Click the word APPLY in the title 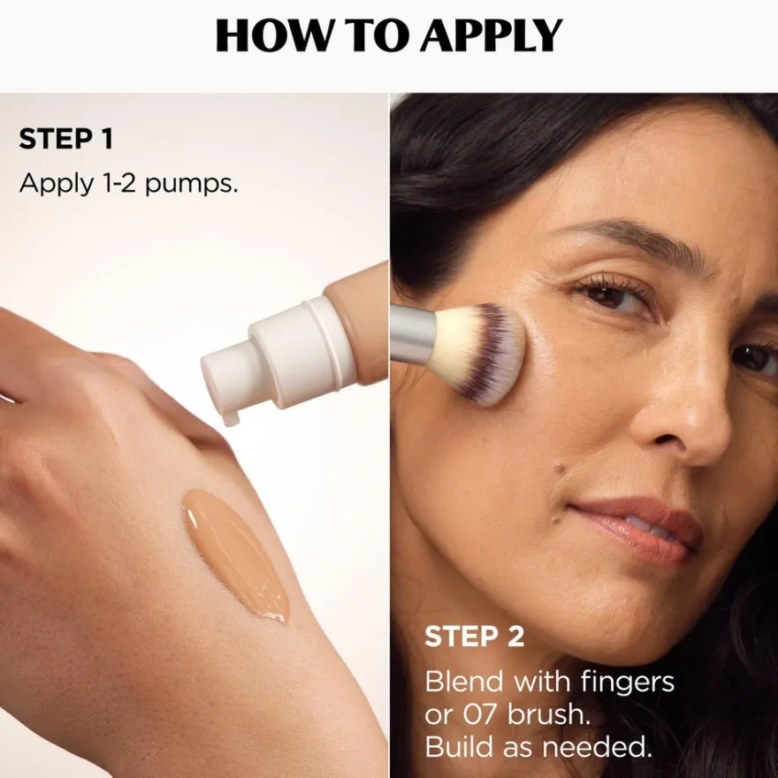[x=492, y=35]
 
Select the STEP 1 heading [x=66, y=139]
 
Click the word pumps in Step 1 [x=192, y=185]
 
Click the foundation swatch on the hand [x=235, y=556]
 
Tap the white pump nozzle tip [x=230, y=419]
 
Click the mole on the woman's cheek [x=561, y=468]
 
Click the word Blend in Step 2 [x=464, y=682]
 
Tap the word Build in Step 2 [x=460, y=747]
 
